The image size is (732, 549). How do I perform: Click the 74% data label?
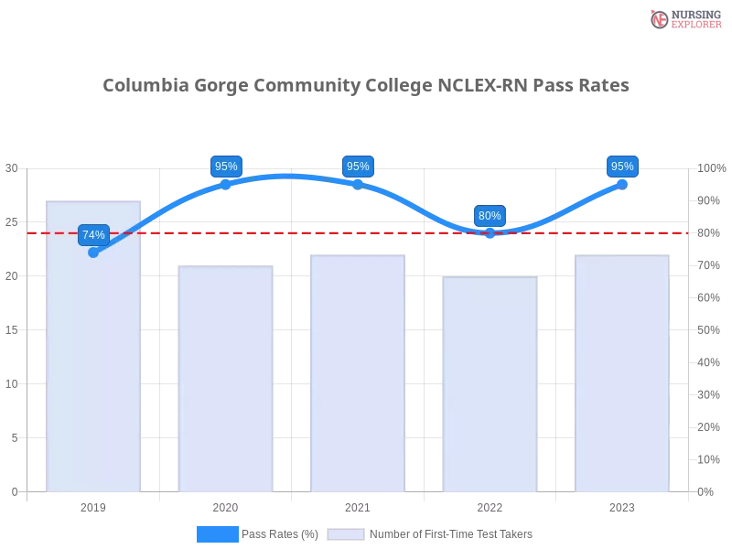point(93,235)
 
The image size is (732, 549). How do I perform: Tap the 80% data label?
point(490,216)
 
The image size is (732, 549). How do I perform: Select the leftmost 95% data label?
point(225,167)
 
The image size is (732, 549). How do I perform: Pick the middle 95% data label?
point(358,167)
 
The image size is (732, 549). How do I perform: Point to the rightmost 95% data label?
point(622,167)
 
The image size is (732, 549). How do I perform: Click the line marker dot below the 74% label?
point(93,253)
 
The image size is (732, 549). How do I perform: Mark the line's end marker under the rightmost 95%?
point(622,184)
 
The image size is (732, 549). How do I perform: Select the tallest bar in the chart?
point(95,348)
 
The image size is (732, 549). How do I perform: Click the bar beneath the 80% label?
point(490,384)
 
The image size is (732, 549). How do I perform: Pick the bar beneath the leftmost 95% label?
point(226,380)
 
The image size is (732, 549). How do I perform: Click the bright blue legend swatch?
point(217,533)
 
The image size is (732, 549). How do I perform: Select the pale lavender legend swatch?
point(346,533)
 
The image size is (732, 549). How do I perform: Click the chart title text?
point(366,86)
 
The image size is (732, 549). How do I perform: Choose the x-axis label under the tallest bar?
point(95,505)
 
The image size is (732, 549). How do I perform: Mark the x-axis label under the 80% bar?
point(490,505)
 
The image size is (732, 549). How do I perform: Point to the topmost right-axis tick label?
point(710,168)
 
